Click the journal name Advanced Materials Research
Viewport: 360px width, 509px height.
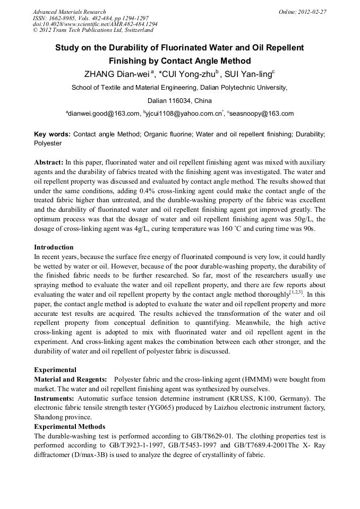[69, 12]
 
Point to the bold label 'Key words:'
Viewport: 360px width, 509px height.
[52, 135]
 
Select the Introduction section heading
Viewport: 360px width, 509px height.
[54, 247]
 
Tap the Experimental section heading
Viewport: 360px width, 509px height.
[55, 369]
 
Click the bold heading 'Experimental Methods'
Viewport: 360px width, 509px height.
[70, 427]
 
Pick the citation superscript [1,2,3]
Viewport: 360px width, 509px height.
[296, 291]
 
